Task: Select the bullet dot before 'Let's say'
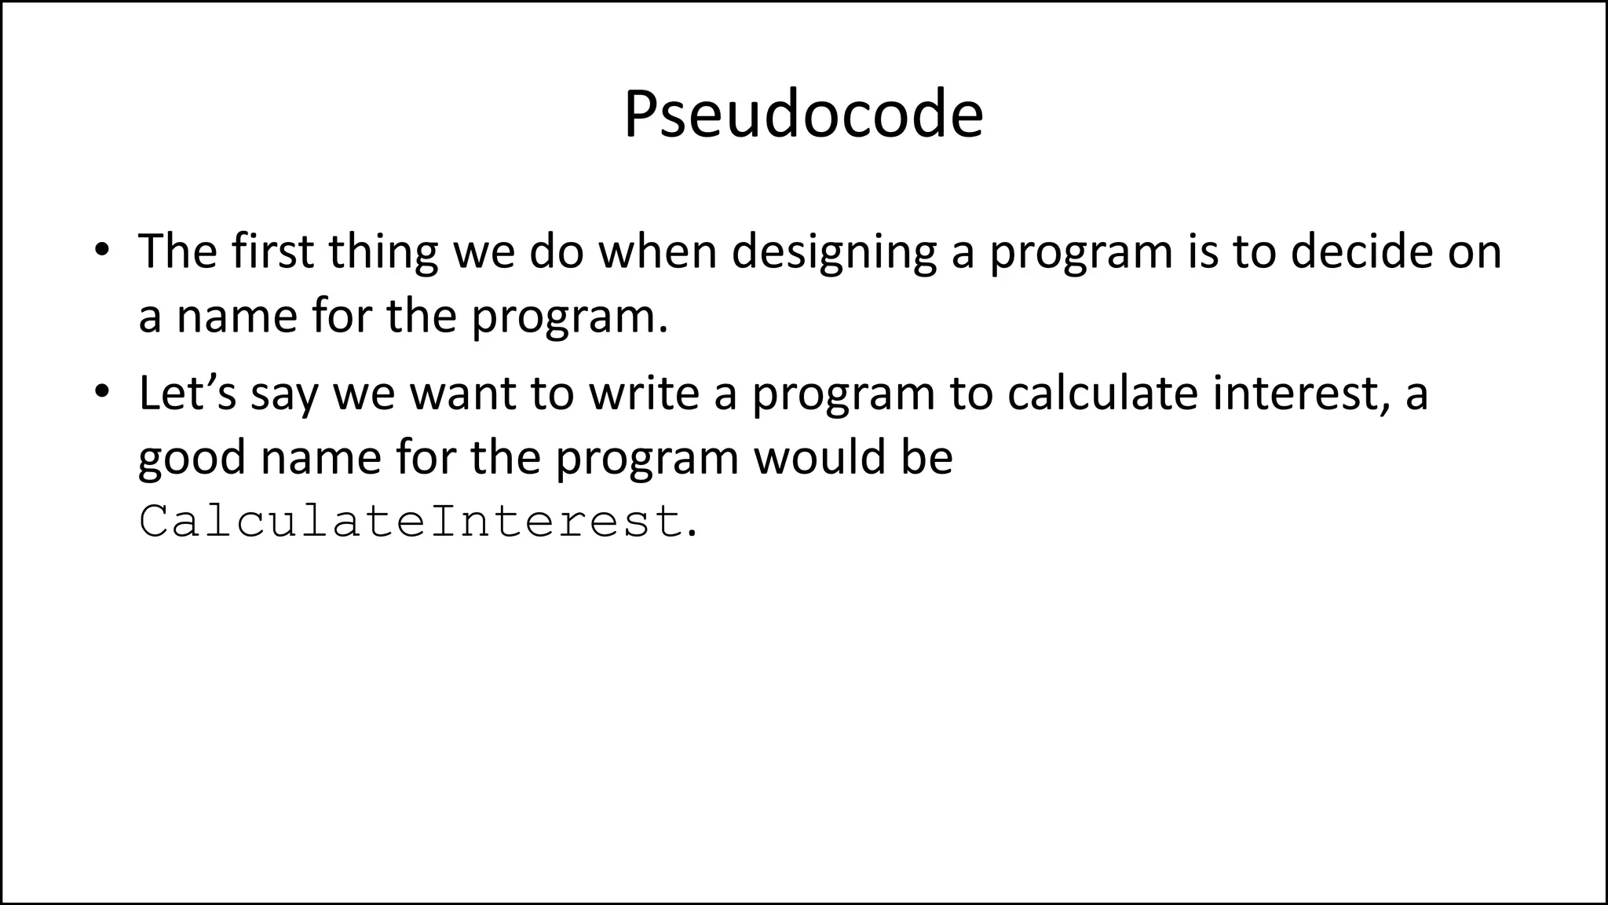(100, 392)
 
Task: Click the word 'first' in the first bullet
(272, 251)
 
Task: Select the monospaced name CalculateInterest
(410, 521)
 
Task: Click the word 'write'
(644, 393)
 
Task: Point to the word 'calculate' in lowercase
(1102, 393)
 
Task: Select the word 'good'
(192, 458)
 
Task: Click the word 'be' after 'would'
(926, 456)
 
